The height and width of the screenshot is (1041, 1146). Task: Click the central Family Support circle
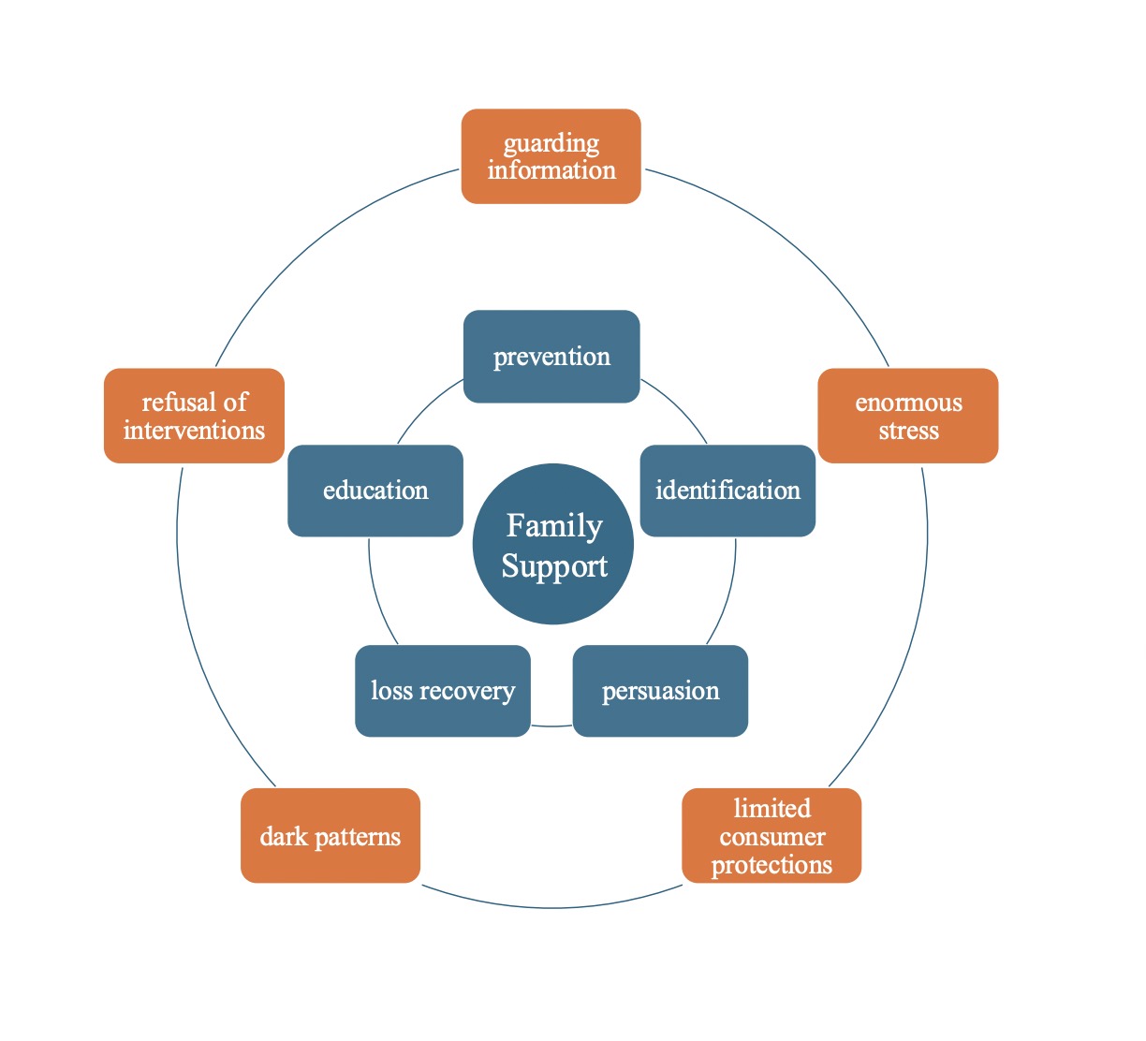[552, 544]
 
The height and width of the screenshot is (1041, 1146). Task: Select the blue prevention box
[551, 357]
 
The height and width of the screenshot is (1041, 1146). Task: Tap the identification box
[727, 491]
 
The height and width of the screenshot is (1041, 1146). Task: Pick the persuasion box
[660, 691]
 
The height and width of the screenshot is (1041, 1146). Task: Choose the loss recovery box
[443, 691]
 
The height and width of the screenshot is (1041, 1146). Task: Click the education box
[375, 491]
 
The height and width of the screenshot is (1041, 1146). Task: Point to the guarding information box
[551, 156]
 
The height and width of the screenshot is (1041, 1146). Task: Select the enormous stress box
[907, 416]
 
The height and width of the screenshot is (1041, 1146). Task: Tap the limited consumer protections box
[771, 835]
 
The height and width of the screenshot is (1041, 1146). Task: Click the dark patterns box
[331, 835]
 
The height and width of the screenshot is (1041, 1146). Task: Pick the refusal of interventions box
[194, 416]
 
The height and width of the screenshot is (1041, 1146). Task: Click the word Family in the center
[554, 526]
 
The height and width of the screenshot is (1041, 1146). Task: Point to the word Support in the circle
[554, 566]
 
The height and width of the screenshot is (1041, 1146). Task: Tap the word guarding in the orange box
[551, 143]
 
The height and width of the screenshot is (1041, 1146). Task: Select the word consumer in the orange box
[772, 836]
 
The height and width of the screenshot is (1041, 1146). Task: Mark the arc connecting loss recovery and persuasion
[551, 726]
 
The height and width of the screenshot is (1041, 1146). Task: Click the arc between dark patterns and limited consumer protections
[551, 907]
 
